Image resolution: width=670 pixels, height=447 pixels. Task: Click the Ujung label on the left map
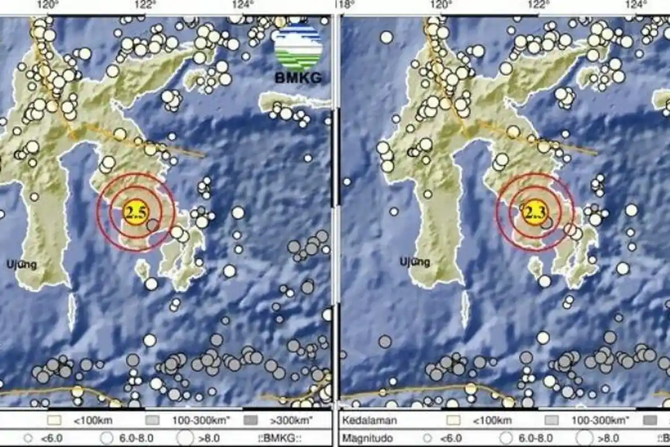[x=22, y=264]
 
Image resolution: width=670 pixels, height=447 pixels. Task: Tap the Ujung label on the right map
[x=415, y=261]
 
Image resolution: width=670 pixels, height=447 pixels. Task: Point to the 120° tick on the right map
[x=441, y=5]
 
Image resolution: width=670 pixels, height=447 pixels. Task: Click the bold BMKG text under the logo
[x=298, y=78]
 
